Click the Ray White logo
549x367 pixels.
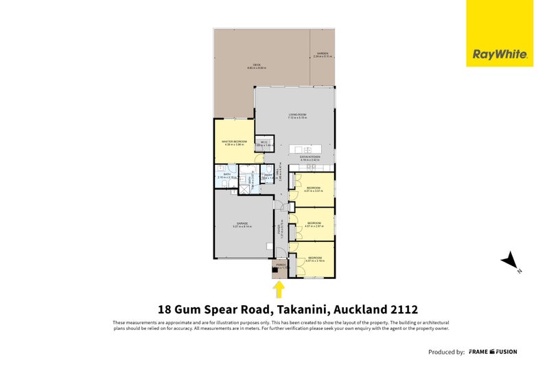click(499, 54)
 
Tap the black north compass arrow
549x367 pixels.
click(510, 260)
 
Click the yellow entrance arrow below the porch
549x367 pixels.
click(279, 289)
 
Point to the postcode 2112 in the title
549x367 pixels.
click(404, 309)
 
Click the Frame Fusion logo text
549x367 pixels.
click(493, 352)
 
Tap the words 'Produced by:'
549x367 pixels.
click(446, 352)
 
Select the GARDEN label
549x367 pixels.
click(322, 54)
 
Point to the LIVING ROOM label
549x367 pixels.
click(296, 116)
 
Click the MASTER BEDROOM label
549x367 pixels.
click(233, 142)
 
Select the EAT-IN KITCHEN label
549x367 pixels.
click(310, 158)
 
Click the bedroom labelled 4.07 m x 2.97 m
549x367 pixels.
click(314, 224)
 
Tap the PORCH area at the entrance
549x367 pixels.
click(279, 268)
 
